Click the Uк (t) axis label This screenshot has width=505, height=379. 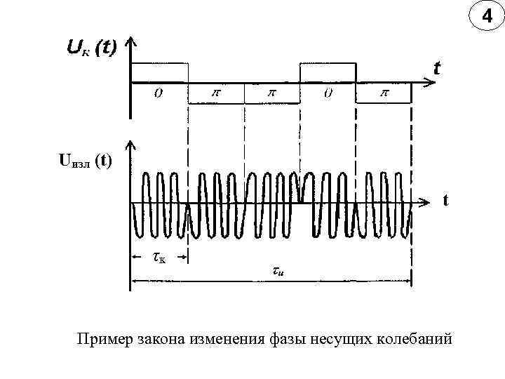91,48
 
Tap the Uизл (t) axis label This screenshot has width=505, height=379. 85,161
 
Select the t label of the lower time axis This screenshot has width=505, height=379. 445,200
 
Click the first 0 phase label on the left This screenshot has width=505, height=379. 159,93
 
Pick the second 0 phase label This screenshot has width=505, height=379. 328,93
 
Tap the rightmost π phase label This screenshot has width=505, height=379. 384,93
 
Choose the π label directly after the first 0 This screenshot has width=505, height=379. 215,93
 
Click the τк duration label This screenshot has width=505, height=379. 159,258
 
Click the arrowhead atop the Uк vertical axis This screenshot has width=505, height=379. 130,41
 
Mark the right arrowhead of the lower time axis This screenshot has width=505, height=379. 422,203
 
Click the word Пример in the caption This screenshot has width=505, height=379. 104,340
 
